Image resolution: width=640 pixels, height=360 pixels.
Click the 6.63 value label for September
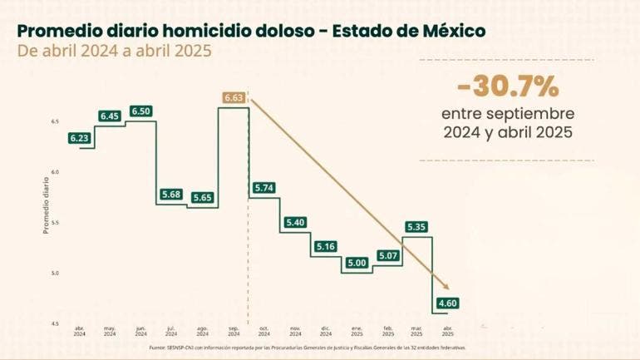click(x=234, y=98)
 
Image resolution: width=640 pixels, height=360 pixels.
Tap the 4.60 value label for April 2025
click(x=448, y=303)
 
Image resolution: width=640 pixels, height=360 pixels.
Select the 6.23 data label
click(x=80, y=138)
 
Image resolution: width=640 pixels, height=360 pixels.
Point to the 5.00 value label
click(x=356, y=263)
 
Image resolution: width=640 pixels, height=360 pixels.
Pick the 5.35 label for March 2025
click(x=417, y=226)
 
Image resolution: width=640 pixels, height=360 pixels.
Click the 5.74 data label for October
click(x=263, y=188)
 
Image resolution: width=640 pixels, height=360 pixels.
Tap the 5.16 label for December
click(x=325, y=246)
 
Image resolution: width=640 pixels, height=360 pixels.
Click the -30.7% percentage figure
click(x=507, y=86)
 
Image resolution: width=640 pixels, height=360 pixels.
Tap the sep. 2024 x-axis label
click(x=234, y=330)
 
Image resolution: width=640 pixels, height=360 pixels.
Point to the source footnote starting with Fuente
click(x=308, y=348)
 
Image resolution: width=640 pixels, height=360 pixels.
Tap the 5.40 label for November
click(x=295, y=223)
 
